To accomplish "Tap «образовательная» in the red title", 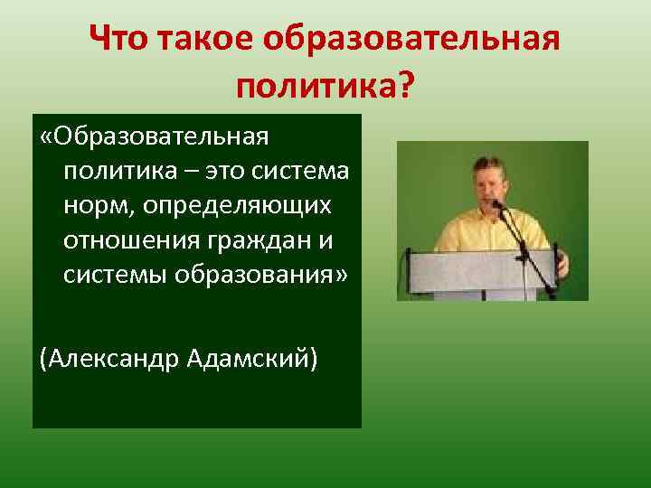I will click(412, 40).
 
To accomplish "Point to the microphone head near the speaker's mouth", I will click(495, 204).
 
